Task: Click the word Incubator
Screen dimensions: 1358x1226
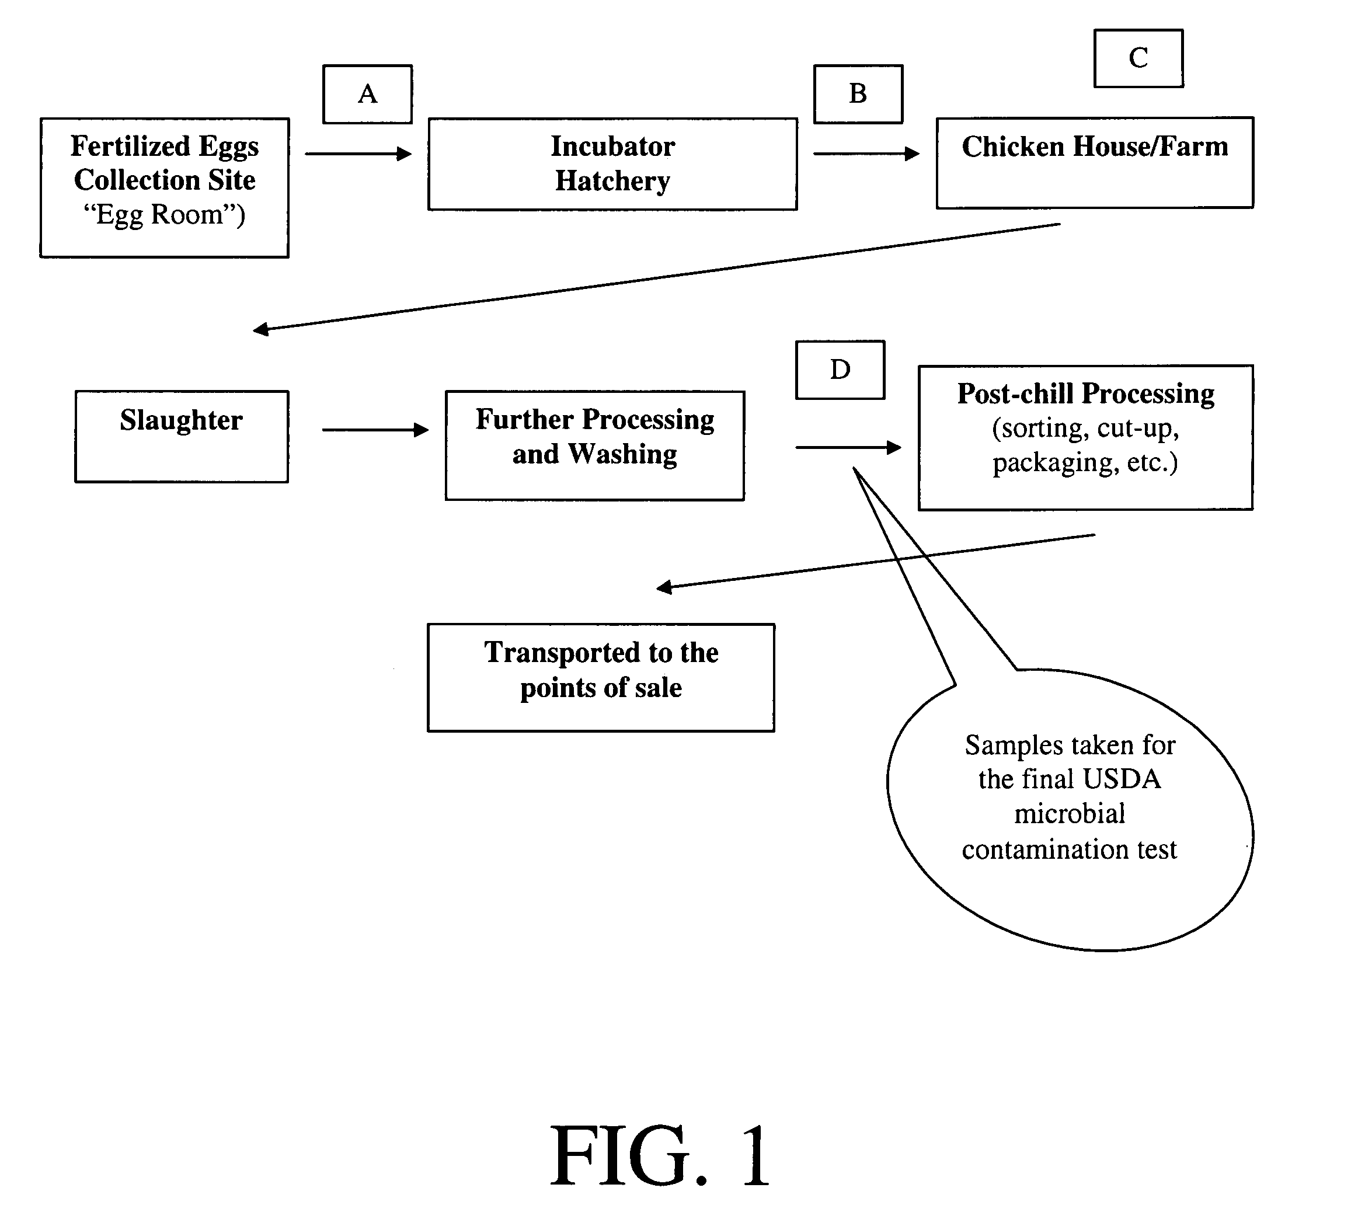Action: (613, 146)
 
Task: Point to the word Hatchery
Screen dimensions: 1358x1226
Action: (612, 181)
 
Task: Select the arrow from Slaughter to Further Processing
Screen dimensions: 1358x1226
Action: (375, 430)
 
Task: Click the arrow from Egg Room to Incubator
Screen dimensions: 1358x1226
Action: (358, 154)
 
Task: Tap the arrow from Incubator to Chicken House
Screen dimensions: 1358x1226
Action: (866, 154)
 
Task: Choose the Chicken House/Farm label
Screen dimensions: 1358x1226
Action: (1095, 146)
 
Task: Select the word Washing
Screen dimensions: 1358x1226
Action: (622, 454)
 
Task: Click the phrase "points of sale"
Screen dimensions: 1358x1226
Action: (601, 688)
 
